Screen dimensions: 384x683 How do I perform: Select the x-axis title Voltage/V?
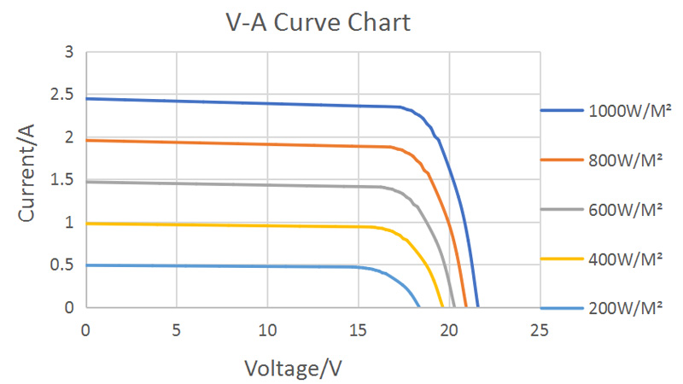294,368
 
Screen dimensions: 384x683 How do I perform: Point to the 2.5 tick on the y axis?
62,95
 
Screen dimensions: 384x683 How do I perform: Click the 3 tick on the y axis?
68,53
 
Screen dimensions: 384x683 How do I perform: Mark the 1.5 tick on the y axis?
62,180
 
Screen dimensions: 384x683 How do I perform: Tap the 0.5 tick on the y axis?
62,265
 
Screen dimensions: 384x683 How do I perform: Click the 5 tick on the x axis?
176,329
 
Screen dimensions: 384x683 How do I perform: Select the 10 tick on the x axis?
267,329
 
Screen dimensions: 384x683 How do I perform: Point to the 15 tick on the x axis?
358,329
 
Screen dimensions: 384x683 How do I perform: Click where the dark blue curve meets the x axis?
478,306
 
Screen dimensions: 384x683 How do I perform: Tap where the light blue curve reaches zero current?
419,306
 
